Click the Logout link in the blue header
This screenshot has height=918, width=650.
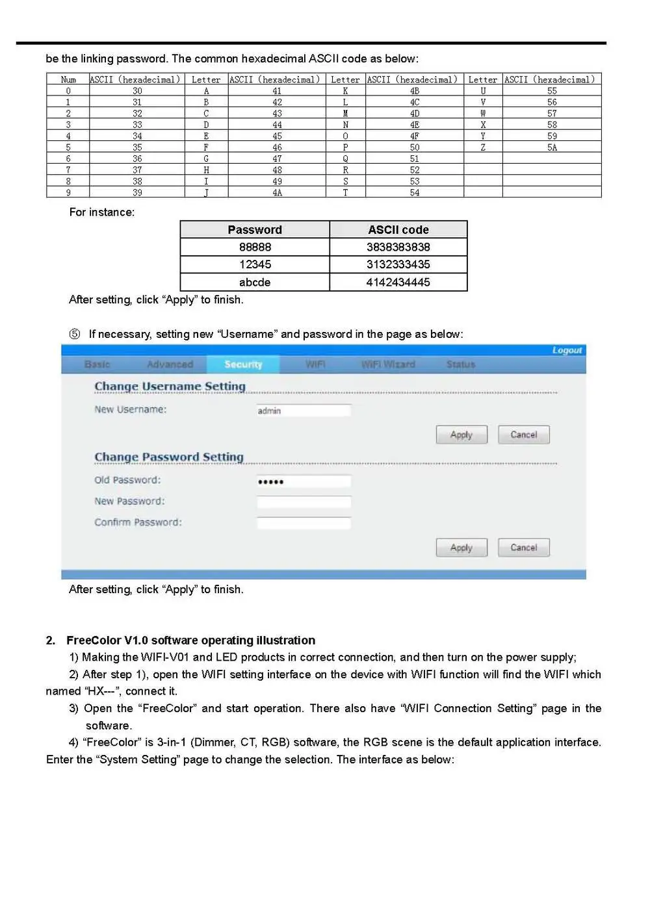[567, 350]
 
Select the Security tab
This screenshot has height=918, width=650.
[243, 364]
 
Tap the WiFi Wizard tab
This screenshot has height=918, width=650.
[388, 364]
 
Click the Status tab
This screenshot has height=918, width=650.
[461, 364]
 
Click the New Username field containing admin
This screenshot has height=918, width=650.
[304, 411]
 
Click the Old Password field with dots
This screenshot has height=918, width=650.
[304, 481]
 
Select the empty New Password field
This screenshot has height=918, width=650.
[304, 502]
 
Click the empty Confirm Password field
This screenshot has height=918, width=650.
[304, 523]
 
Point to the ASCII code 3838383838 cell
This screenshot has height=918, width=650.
[398, 247]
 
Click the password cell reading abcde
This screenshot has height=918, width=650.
[255, 282]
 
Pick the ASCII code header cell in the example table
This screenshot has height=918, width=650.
[398, 229]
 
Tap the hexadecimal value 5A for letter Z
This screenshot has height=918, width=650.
[552, 147]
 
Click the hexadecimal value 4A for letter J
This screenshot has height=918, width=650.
[277, 192]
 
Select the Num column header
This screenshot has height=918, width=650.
[68, 79]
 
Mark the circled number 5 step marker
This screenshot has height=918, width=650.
[75, 334]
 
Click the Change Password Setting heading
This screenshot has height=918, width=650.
[169, 457]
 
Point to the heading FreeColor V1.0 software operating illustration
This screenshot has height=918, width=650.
[190, 640]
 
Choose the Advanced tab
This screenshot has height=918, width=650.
[170, 364]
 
